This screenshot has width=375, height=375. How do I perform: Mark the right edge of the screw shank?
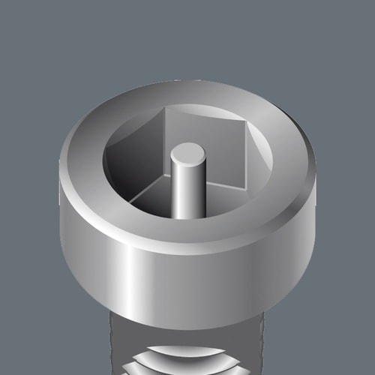264,345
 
